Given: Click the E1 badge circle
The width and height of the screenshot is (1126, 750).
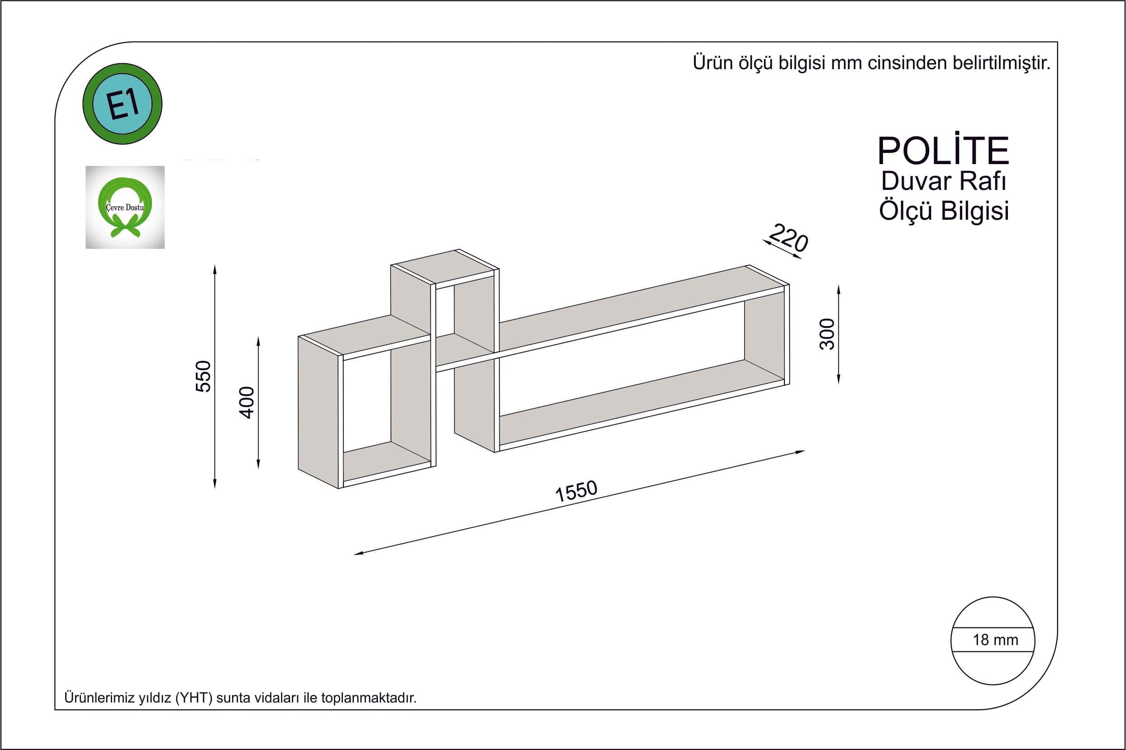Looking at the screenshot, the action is (123, 104).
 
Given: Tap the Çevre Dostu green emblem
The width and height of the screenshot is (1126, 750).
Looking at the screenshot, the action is (125, 207).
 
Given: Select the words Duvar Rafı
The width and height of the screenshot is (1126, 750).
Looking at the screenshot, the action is (943, 181).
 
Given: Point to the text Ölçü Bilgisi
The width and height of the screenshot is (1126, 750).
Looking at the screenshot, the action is (944, 211).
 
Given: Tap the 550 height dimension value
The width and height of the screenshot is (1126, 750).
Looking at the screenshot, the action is (204, 377).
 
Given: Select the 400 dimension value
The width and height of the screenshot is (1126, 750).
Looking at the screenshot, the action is (247, 402).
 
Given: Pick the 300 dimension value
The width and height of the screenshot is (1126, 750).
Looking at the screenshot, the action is (827, 334).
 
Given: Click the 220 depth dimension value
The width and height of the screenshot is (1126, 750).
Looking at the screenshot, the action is (789, 237).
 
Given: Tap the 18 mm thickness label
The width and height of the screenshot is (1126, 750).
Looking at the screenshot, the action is (995, 640).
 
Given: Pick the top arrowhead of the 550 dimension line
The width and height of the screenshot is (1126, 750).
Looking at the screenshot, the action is (215, 269).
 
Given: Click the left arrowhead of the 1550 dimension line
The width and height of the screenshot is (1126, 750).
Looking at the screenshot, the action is (359, 553).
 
